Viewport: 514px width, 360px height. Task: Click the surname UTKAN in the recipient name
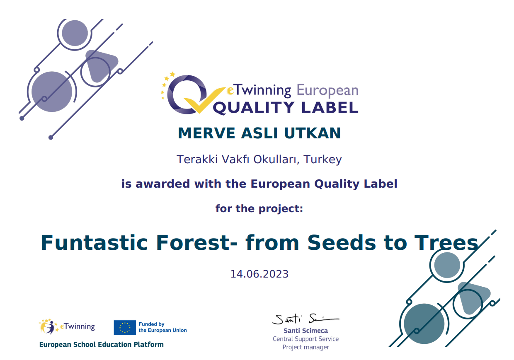(312, 133)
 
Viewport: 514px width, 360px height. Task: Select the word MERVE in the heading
(206, 133)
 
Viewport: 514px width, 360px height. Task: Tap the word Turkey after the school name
(322, 160)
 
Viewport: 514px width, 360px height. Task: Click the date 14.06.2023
(259, 274)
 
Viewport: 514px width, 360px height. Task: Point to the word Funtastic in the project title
(94, 243)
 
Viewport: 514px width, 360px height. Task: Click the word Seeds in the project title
(342, 243)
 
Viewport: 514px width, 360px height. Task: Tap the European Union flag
(125, 328)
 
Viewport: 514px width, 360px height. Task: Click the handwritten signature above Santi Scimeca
(305, 319)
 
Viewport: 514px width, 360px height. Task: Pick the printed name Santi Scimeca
(305, 331)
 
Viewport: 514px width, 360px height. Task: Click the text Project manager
(305, 347)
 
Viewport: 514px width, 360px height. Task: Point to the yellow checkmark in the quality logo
(204, 100)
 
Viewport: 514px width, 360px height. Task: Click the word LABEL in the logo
(330, 108)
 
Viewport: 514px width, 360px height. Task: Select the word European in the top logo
(327, 90)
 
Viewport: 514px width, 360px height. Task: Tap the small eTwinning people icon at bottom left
(48, 326)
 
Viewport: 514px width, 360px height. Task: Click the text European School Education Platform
(102, 345)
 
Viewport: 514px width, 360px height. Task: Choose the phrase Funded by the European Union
(162, 327)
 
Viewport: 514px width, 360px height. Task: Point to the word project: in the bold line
(281, 209)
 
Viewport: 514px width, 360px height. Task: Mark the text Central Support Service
(305, 339)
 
